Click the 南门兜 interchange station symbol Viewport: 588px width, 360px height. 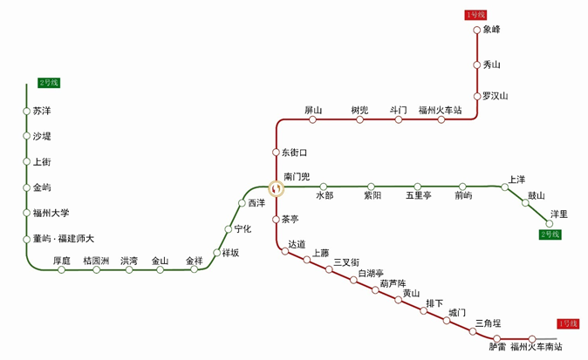277,188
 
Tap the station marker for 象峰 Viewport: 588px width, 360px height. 476,30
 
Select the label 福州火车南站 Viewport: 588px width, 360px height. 537,347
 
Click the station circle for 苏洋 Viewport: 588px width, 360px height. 26,112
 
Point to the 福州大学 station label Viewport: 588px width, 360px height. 51,214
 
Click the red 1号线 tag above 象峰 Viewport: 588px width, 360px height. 475,15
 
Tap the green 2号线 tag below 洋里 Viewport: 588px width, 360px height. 550,234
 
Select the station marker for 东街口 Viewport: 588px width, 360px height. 276,152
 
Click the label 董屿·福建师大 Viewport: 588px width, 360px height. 64,239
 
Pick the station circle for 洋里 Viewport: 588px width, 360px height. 550,224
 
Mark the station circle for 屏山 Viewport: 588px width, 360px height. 312,119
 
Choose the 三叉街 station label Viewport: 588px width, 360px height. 346,262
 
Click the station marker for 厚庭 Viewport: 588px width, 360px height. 61,269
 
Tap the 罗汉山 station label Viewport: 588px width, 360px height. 495,96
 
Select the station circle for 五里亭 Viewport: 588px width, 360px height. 417,187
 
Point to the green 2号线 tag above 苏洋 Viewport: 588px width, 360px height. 49,83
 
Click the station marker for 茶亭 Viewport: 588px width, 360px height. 276,219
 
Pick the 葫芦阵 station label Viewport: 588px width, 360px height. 393,283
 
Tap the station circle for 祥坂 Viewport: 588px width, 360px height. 216,253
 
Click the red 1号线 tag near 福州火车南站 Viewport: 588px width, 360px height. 568,323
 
